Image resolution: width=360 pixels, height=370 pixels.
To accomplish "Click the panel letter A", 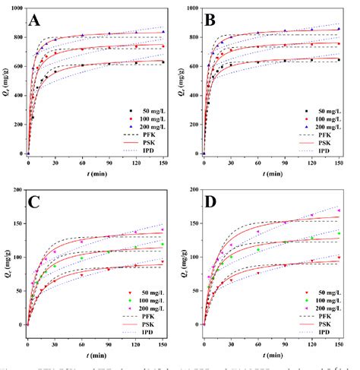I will pyautogui.click(x=35, y=21).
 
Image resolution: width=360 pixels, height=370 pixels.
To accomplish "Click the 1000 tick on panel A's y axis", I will pyautogui.click(x=14, y=8).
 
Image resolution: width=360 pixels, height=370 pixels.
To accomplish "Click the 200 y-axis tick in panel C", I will pyautogui.click(x=16, y=188).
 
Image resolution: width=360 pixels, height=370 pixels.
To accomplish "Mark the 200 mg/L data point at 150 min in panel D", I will pyautogui.click(x=338, y=210).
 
